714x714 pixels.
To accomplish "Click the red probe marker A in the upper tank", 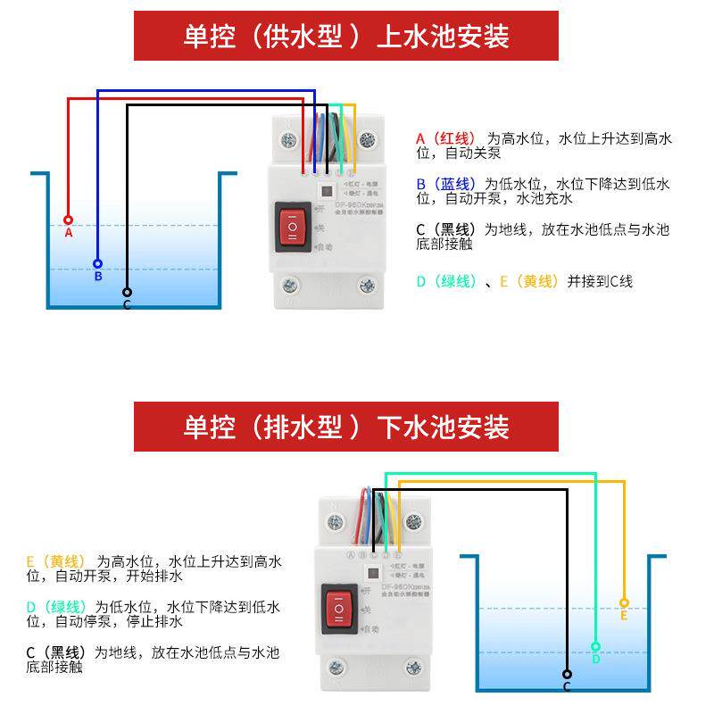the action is [68, 220].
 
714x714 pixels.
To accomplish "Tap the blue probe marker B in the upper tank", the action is [98, 264].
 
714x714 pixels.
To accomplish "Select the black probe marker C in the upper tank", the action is [127, 292].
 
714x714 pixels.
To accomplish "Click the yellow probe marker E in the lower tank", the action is [624, 603].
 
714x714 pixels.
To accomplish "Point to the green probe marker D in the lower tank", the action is [595, 646].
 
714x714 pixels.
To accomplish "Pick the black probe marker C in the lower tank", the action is [566, 675].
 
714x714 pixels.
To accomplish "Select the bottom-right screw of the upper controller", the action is [366, 286].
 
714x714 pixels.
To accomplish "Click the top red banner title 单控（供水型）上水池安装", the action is [346, 36].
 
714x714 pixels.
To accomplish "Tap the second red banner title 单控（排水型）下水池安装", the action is [346, 427].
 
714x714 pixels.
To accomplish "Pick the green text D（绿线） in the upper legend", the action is [447, 281].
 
